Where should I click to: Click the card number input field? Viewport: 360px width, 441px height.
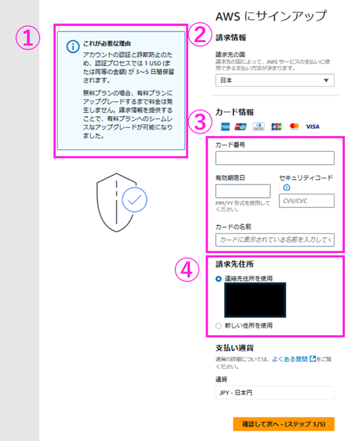275,158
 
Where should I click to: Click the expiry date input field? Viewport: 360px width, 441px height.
243,191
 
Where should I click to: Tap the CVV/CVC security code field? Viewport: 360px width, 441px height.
307,201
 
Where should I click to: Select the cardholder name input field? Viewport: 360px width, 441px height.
275,239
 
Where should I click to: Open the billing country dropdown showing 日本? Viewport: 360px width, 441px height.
275,80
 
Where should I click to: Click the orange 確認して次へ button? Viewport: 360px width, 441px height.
284,424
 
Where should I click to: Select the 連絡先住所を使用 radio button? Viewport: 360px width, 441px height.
218,279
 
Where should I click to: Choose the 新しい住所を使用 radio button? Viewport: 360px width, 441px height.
218,326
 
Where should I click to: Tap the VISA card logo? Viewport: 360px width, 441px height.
313,127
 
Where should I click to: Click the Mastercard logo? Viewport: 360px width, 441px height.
294,127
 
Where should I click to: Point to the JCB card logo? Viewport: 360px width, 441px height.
276,127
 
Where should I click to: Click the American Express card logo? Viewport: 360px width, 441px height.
225,127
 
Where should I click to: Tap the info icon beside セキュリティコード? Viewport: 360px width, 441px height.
286,188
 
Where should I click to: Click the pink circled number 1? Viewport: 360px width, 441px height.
28,38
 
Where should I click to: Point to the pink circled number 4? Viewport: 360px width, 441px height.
187,269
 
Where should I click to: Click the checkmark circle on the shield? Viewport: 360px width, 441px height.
135,200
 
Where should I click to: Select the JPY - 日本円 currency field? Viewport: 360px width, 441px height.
275,393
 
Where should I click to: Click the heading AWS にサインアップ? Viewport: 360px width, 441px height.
271,16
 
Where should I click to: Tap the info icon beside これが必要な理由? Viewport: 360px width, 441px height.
73,47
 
